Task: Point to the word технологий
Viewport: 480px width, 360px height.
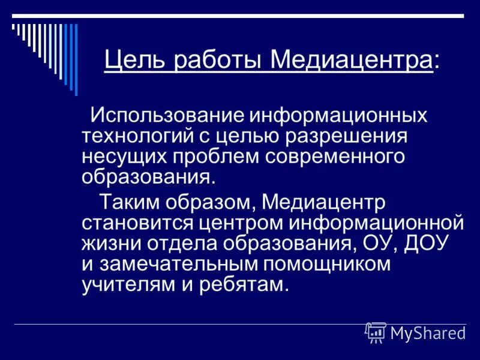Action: (x=136, y=136)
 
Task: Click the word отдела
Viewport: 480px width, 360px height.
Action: (x=179, y=243)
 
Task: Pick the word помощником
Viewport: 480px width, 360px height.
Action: (x=338, y=264)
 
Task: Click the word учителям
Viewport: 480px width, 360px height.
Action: (x=124, y=285)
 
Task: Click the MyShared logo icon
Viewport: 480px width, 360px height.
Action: (x=376, y=332)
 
